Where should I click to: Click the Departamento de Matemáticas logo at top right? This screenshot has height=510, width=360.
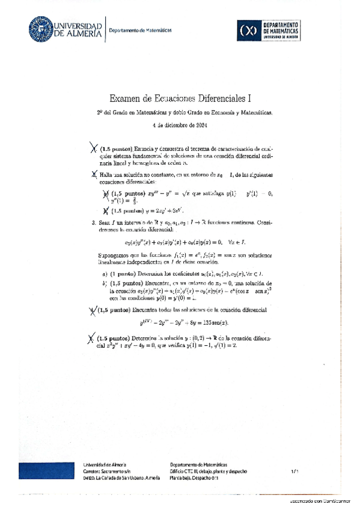point(269,29)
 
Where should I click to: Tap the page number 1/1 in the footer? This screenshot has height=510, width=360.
point(294,472)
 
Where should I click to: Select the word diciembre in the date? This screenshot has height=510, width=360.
point(175,126)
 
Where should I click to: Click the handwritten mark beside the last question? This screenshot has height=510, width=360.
point(91,340)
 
